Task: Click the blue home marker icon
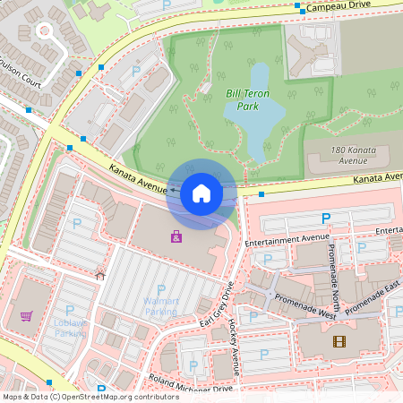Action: [x=201, y=193]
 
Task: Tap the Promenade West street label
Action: [x=305, y=309]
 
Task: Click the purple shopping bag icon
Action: [x=176, y=237]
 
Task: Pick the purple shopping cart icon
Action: [x=27, y=315]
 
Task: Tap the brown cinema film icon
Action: [x=339, y=340]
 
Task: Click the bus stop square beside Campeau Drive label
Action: [x=297, y=5]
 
